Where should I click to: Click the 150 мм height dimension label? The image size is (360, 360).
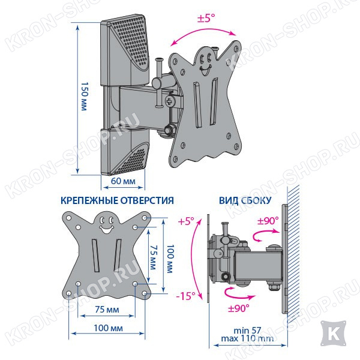(84, 97)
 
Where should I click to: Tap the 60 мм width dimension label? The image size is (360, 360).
(123, 181)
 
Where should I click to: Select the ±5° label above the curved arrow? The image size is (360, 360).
(206, 18)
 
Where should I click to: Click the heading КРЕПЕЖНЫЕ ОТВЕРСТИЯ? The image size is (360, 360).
(117, 200)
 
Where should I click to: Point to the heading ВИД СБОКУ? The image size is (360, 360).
(245, 200)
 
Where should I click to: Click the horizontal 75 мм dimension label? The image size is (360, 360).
(107, 310)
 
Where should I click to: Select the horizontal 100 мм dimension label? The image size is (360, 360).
(108, 328)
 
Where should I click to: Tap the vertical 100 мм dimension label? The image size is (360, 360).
(170, 259)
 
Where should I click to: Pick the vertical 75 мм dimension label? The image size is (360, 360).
(153, 257)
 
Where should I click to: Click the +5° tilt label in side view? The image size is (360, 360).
(186, 221)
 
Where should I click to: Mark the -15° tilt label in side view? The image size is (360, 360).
(185, 296)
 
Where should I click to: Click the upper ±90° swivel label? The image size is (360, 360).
(268, 221)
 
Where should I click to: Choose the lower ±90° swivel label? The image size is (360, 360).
(238, 308)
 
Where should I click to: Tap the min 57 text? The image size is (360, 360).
(247, 331)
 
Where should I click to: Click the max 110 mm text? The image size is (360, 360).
(247, 338)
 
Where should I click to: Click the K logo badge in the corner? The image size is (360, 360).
(333, 334)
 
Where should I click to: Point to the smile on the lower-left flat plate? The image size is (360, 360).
(107, 229)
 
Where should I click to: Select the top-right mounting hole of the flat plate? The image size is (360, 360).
(145, 218)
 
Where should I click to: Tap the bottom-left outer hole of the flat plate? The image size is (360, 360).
(68, 293)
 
